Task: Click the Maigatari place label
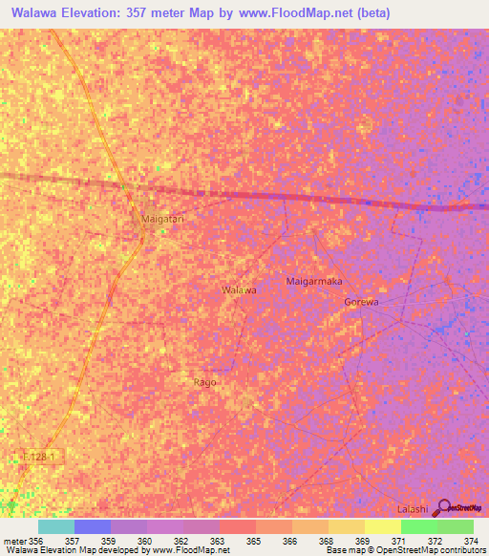coord(161,219)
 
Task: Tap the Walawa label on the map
coord(239,289)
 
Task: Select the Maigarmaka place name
coord(314,282)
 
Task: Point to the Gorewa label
coord(361,302)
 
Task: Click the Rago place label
coord(204,382)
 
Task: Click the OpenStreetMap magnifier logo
coord(442,508)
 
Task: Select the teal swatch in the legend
coord(56,526)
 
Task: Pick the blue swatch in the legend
coord(93,526)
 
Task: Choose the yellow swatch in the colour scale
coord(382,526)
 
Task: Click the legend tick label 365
coord(253,541)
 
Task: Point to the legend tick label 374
coord(472,541)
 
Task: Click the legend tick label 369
coord(362,541)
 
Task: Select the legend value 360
coord(144,541)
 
